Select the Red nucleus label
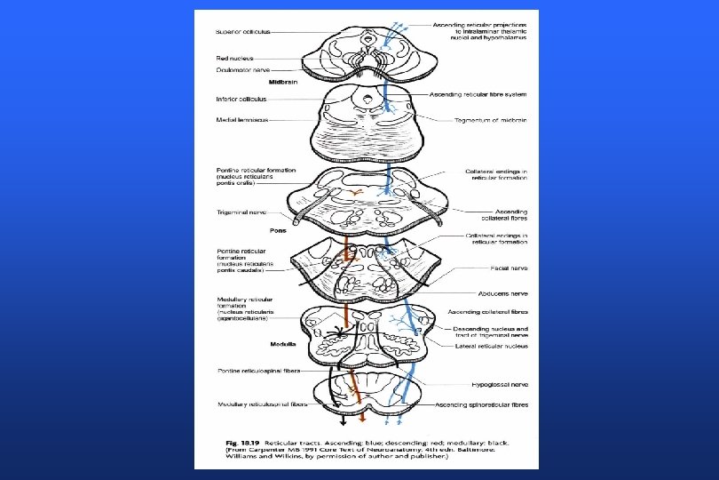[234, 58]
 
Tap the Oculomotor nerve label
[242, 68]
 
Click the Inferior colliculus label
[241, 98]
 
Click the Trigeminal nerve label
[241, 212]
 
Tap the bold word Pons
[277, 230]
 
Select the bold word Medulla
[282, 343]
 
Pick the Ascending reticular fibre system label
[478, 94]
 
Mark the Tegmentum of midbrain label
[485, 120]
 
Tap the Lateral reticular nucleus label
[491, 346]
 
